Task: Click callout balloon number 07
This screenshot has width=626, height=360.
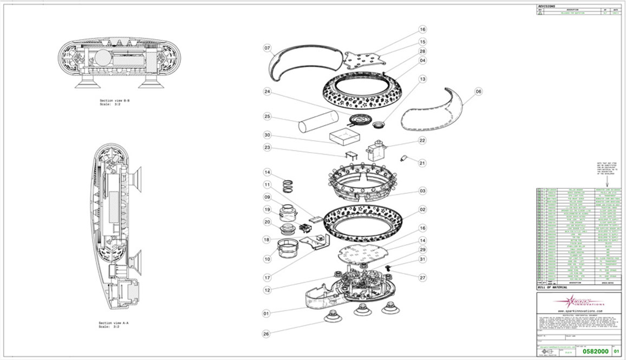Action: (267, 48)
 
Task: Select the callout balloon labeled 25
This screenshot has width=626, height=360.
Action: (267, 116)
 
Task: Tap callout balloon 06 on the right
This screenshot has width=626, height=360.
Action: (478, 91)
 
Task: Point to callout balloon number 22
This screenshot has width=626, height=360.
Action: (422, 140)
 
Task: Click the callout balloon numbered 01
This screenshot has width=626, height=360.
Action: (266, 312)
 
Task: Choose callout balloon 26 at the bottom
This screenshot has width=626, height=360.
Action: (266, 334)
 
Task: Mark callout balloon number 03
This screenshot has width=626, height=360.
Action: (422, 191)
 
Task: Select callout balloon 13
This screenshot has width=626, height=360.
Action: (422, 79)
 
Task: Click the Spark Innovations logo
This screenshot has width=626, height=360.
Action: (577, 301)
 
